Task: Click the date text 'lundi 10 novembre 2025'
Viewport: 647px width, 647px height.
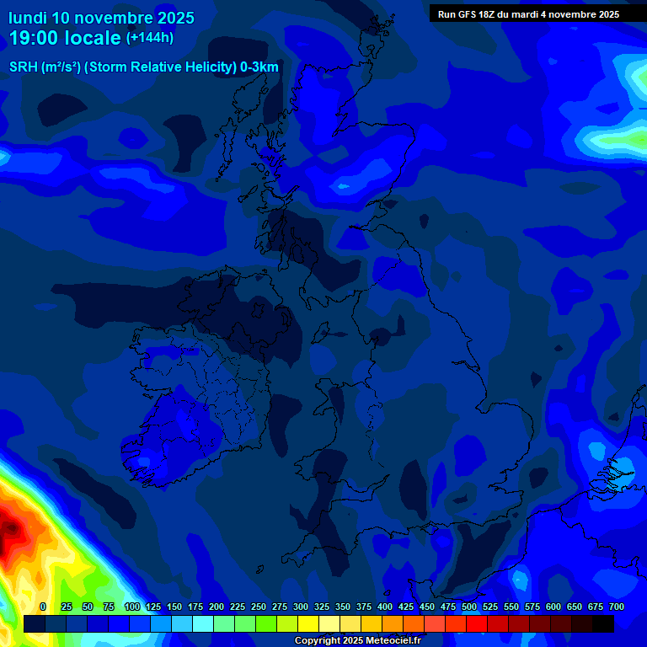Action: (101, 18)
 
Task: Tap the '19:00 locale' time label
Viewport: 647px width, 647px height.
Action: (64, 38)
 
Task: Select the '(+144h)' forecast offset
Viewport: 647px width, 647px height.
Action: (149, 38)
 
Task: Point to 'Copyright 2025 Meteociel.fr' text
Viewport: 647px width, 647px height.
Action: (357, 640)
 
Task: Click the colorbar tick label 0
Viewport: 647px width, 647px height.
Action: (43, 607)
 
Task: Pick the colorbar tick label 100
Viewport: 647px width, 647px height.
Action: (131, 607)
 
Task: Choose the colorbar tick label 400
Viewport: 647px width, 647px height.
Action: (385, 607)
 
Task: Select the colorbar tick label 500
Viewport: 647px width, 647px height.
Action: (469, 607)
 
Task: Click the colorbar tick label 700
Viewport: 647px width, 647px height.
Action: (617, 607)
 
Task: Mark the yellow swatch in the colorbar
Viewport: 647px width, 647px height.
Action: (308, 623)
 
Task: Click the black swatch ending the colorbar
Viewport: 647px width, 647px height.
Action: (603, 623)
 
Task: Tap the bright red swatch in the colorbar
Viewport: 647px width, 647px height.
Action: (477, 623)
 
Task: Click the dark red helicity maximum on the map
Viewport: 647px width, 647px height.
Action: (10, 531)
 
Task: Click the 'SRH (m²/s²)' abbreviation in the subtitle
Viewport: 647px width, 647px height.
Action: (45, 67)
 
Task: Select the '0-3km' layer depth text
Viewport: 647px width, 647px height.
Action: (259, 67)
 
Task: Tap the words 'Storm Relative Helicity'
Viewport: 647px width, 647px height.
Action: (160, 67)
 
